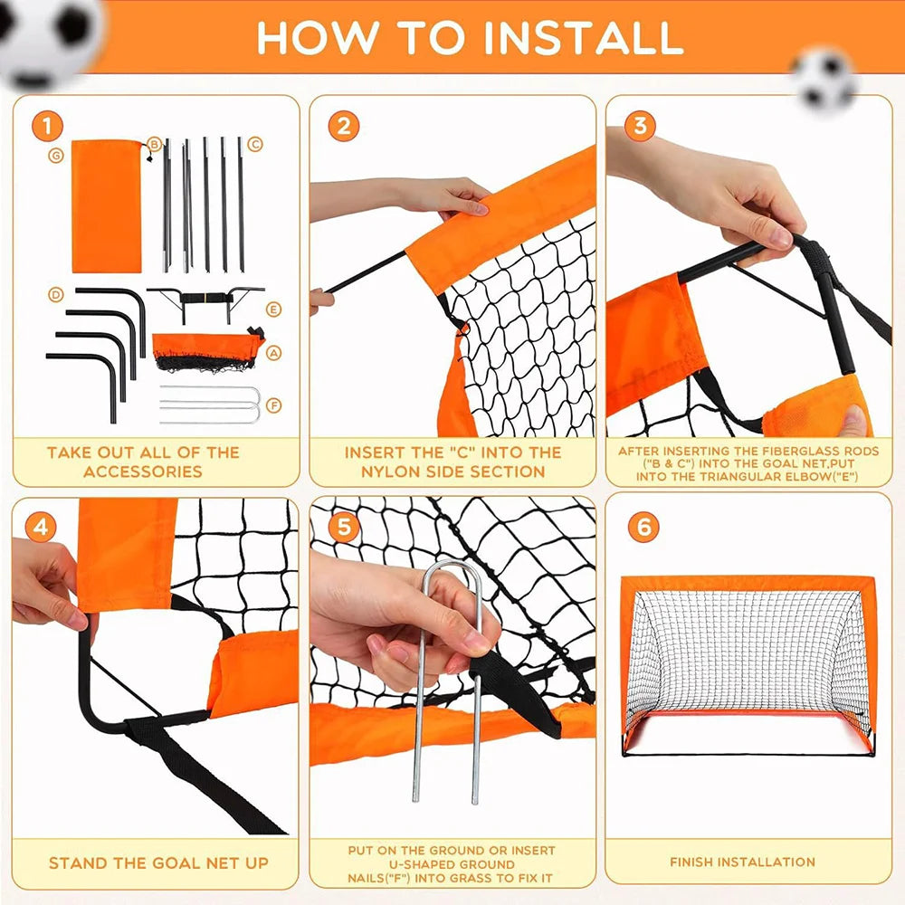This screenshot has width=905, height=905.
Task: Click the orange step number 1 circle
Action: [x=46, y=126]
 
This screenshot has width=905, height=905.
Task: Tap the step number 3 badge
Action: [x=640, y=126]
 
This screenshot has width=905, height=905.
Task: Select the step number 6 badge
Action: [x=643, y=528]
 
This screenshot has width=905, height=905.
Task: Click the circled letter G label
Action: [x=56, y=156]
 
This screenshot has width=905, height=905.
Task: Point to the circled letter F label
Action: [x=274, y=405]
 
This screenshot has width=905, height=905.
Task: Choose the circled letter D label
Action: [x=56, y=295]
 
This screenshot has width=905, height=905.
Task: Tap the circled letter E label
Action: [x=273, y=310]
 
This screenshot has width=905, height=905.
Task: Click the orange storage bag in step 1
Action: [x=106, y=205]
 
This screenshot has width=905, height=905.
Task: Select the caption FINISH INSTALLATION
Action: [x=742, y=862]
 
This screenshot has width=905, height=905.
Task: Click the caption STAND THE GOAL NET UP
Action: [x=158, y=863]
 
